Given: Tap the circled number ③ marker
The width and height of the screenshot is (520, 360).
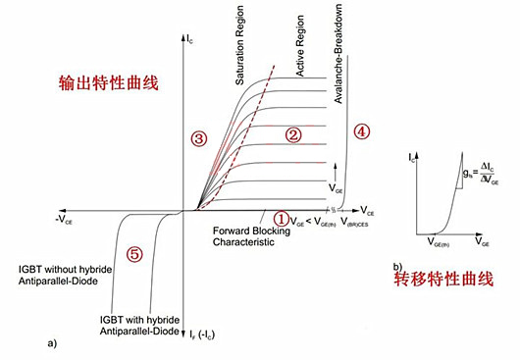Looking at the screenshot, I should click(199, 139).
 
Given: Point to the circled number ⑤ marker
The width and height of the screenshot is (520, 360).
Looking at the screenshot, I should click(134, 254).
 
